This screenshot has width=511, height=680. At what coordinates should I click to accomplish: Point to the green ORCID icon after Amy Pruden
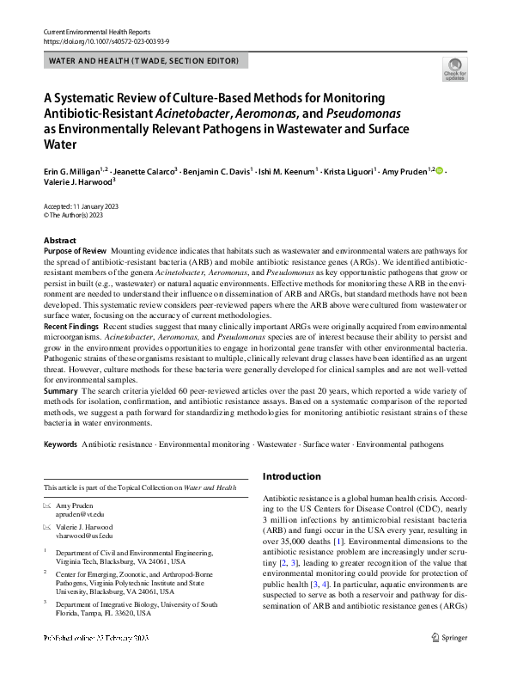click(x=441, y=172)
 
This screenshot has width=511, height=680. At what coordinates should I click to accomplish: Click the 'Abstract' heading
click(x=59, y=241)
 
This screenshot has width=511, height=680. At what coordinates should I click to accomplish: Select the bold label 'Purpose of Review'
click(x=75, y=250)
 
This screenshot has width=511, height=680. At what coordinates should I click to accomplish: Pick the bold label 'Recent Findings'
click(x=72, y=328)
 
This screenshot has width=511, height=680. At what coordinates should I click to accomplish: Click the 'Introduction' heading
click(x=292, y=476)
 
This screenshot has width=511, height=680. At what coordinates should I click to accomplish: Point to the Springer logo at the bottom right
click(x=450, y=661)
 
